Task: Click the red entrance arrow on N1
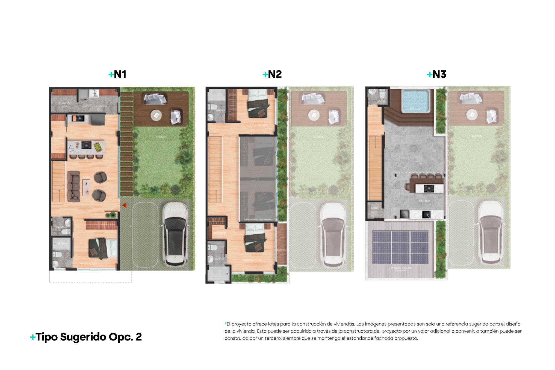[124, 205]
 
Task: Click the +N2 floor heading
[272, 74]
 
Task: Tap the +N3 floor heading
[436, 74]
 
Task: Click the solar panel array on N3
[401, 248]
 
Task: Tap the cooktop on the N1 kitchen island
[87, 145]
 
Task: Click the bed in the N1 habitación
[102, 248]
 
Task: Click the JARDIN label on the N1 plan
[161, 137]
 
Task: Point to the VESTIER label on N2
[220, 233]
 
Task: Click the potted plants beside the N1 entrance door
[111, 215]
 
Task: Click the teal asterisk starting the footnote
[226, 324]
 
